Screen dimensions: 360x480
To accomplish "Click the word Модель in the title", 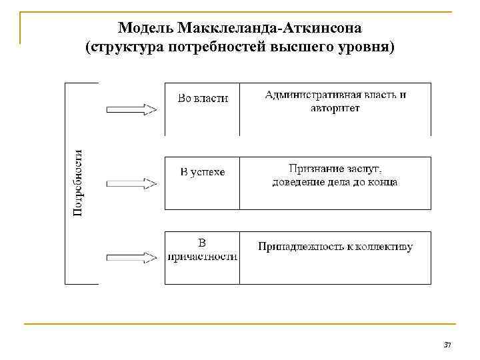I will tap(145, 29).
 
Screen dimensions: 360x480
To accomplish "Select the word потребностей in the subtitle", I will tap(227, 48).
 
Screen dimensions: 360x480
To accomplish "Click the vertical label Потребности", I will tap(78, 183).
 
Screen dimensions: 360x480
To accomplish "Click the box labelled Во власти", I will tap(203, 109).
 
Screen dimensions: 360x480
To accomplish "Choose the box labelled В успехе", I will tap(203, 183).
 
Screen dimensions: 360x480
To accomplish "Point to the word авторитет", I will tap(335, 108).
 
